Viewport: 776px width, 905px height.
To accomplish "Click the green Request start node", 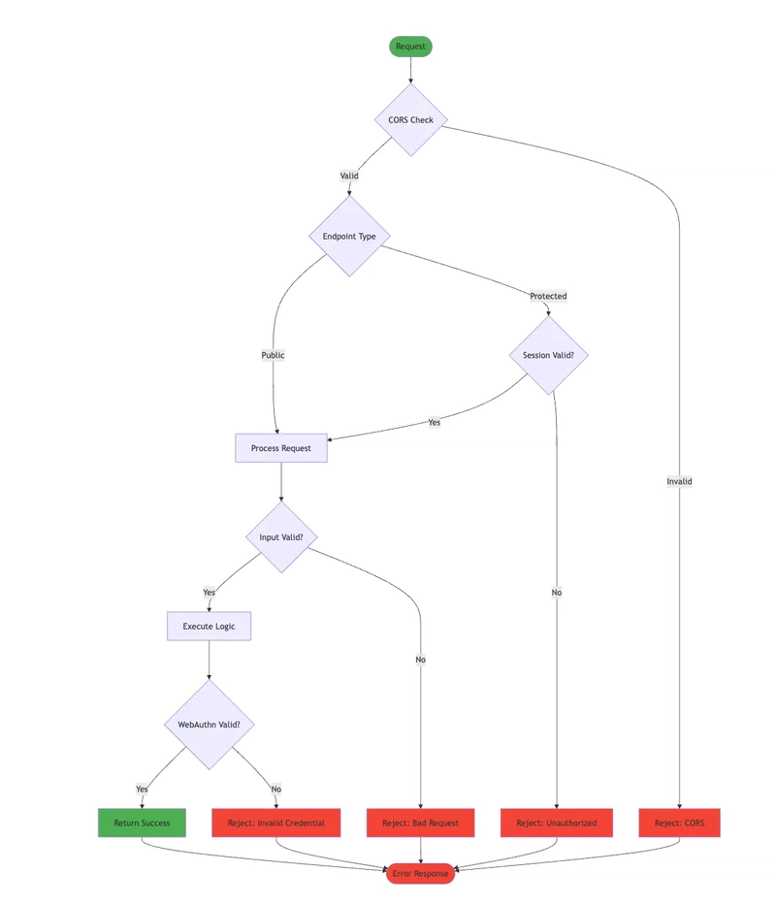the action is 410,47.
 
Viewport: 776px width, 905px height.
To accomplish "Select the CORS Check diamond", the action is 410,119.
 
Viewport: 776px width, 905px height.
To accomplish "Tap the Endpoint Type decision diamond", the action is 349,236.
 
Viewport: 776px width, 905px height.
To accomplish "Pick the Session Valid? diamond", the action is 548,355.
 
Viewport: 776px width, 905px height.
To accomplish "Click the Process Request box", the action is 281,448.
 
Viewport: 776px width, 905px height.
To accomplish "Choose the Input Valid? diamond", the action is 281,536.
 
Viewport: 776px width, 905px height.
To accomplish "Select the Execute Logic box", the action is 209,627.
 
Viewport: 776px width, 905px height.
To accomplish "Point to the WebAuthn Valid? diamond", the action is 209,725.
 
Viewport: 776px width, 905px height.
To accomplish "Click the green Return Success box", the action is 142,823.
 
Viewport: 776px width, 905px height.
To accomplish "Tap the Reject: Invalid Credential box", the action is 276,823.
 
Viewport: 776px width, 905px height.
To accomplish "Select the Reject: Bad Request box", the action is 420,823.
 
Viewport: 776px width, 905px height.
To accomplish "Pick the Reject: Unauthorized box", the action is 557,823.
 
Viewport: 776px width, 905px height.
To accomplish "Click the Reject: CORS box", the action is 680,823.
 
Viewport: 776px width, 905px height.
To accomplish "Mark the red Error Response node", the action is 420,873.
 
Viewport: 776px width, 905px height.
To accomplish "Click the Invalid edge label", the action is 680,481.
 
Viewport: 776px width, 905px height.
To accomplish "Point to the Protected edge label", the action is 548,296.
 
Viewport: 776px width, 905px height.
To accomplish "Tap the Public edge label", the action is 274,355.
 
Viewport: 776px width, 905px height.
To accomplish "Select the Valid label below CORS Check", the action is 349,176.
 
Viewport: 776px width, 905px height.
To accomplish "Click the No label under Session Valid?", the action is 557,592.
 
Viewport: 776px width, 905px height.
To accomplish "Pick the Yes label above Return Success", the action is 142,789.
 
